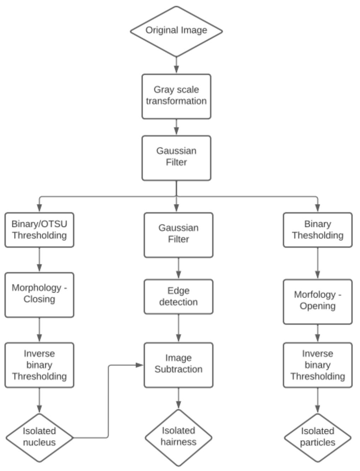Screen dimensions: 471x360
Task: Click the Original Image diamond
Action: click(176, 31)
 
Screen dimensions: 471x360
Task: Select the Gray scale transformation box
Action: click(176, 96)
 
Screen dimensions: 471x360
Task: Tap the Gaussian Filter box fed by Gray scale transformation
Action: click(176, 158)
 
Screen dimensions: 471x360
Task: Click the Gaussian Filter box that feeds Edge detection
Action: click(178, 235)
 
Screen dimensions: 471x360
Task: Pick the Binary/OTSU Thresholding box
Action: click(39, 230)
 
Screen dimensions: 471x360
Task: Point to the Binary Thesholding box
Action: click(318, 230)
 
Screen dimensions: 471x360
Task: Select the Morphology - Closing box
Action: click(39, 295)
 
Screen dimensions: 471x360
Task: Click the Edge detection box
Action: click(178, 296)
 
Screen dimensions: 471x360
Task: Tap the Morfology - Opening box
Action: click(318, 302)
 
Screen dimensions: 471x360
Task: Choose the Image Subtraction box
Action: click(178, 365)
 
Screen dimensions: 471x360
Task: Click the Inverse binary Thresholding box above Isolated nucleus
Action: click(39, 365)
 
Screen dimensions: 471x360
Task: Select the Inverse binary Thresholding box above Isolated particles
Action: click(318, 365)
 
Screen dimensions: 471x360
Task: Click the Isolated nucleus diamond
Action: click(39, 437)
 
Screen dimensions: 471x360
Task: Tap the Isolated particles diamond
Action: click(318, 437)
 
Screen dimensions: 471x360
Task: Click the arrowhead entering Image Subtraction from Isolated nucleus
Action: click(140, 365)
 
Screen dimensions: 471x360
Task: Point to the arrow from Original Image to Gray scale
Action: click(176, 65)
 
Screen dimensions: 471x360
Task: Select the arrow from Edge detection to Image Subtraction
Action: click(178, 328)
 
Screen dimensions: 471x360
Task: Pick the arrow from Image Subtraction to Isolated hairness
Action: click(178, 398)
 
